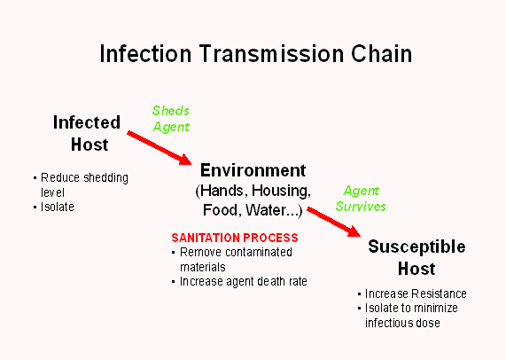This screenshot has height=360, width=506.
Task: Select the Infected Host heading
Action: point(86,133)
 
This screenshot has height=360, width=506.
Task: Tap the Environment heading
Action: point(253,170)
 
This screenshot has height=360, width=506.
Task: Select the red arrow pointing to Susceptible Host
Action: point(334,222)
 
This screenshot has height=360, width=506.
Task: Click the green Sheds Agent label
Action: point(171,119)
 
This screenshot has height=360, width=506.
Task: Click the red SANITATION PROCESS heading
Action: point(234,238)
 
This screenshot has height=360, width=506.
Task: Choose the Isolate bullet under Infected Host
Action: point(57,207)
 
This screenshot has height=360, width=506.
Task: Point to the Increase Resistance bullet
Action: point(416,293)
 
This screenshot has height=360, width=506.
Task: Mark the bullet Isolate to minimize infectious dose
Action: point(414,316)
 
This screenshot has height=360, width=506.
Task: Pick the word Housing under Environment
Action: point(281,191)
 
